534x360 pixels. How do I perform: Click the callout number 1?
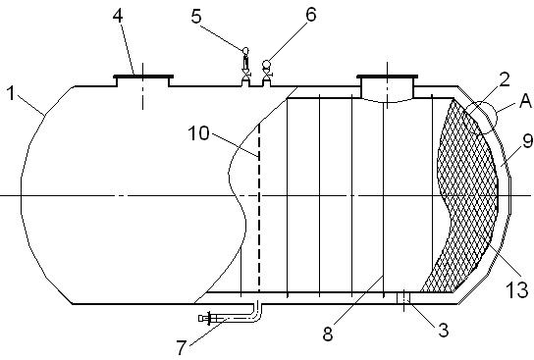(12, 93)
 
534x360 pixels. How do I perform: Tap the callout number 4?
(118, 16)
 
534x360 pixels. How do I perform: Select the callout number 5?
(196, 16)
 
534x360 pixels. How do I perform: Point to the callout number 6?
(311, 15)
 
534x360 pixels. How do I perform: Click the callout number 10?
(199, 133)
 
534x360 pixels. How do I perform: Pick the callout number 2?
(504, 78)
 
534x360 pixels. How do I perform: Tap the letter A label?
(525, 101)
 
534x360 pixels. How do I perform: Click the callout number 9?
(527, 141)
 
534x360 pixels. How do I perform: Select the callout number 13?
(517, 290)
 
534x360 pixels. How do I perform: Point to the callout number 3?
(443, 330)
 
